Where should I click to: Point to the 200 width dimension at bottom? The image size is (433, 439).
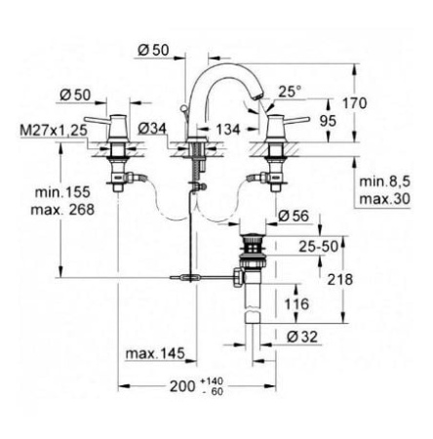(x=176, y=386)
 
